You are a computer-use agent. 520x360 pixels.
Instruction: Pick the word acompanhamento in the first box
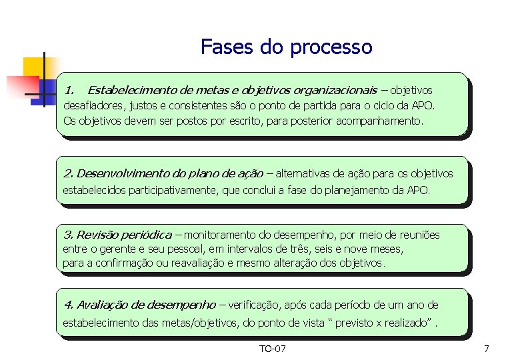coord(378,121)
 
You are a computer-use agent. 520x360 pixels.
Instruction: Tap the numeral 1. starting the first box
coord(70,89)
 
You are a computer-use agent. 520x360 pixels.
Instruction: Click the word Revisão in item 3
coord(98,235)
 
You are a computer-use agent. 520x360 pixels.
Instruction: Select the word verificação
coord(255,305)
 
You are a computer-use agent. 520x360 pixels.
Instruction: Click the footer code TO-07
coord(272,349)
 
